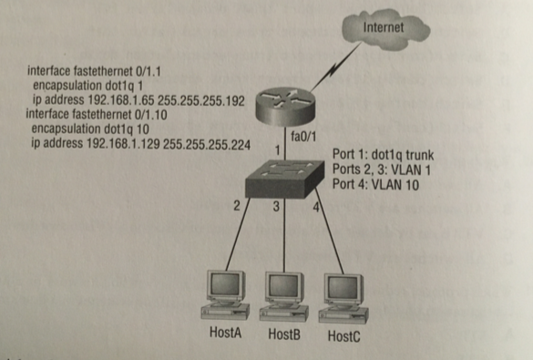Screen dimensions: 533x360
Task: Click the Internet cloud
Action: pos(384,29)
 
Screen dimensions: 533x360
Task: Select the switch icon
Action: pos(285,179)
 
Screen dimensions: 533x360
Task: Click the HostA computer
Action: pos(225,295)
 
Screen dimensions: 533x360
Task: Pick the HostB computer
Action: pos(284,297)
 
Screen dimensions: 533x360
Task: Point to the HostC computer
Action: pos(343,298)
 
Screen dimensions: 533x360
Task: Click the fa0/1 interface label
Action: pos(303,137)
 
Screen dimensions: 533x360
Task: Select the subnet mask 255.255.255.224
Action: pos(207,145)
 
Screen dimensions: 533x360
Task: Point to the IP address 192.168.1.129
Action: pos(123,144)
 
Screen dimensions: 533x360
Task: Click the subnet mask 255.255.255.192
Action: pos(201,101)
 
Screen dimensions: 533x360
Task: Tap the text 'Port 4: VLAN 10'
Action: pos(375,185)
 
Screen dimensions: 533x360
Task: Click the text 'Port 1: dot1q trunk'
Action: pos(383,155)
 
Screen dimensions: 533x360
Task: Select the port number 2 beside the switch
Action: pos(237,206)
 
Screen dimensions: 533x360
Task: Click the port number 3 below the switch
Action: pos(276,206)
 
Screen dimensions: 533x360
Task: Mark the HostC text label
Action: pos(343,336)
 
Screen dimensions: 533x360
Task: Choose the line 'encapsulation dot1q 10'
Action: pos(90,129)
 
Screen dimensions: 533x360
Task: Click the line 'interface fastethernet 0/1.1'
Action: pos(94,71)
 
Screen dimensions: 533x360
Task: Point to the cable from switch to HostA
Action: pos(238,234)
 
